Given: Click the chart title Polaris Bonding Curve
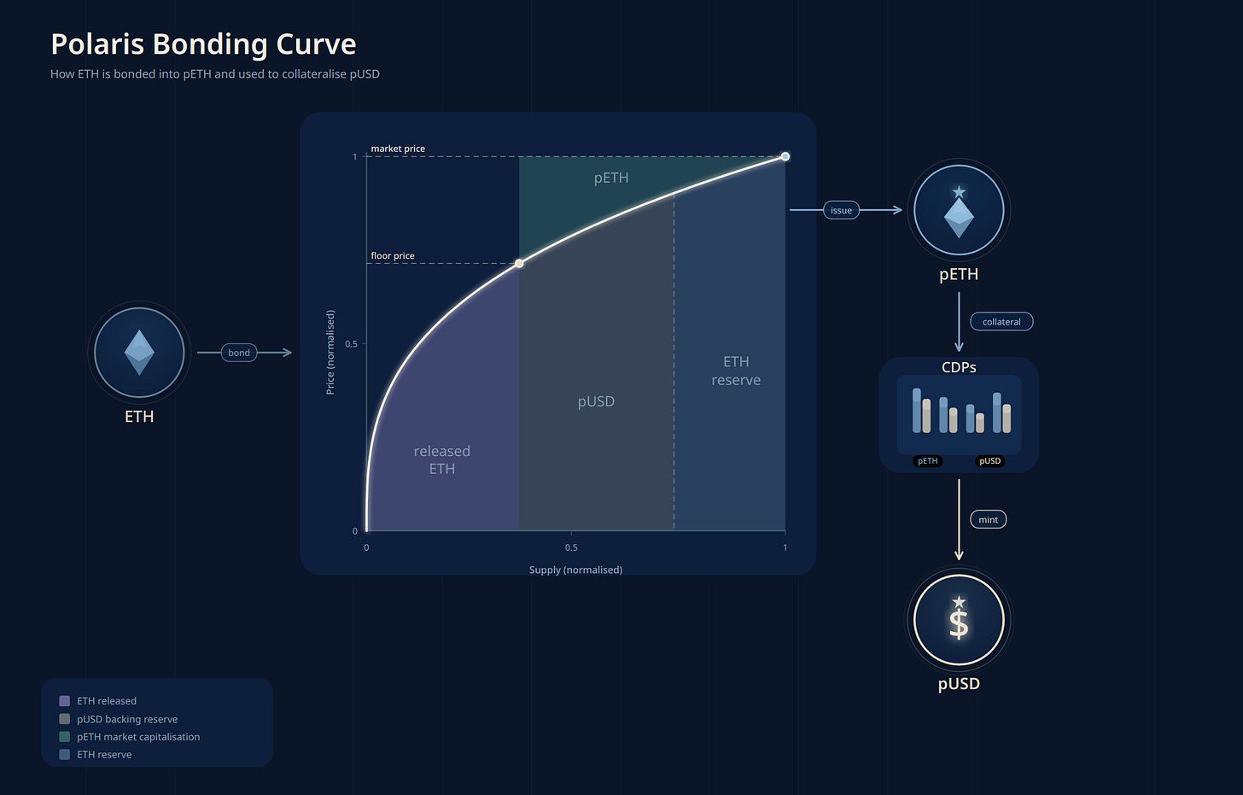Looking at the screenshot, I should pos(203,44).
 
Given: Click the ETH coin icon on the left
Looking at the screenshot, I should pos(139,353).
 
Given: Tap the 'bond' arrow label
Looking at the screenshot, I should pos(239,353).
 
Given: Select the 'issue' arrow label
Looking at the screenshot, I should pos(841,210).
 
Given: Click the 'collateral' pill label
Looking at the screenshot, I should pos(1001,322).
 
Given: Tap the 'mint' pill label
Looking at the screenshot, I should pos(988,519).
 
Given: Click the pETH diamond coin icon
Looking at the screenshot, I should pos(959,211).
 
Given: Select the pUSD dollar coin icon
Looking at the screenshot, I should pos(959,620).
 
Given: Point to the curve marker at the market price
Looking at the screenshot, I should pos(785,156).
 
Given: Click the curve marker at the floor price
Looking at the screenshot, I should pos(519,263).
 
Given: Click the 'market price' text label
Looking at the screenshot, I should pos(398,149).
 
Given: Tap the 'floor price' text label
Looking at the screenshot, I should pos(393,255).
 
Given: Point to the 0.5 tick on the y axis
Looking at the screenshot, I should pos(352,344).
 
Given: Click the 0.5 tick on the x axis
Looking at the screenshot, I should pos(571,547).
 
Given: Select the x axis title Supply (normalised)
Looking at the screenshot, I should pos(575,570).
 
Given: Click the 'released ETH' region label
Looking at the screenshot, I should pos(441,459).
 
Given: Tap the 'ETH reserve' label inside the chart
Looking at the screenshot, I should pos(736,371).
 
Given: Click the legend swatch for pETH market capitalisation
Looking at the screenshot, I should pos(64,736).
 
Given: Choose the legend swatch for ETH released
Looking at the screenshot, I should pos(64,701).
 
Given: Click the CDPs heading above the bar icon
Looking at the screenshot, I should pos(959,367).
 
